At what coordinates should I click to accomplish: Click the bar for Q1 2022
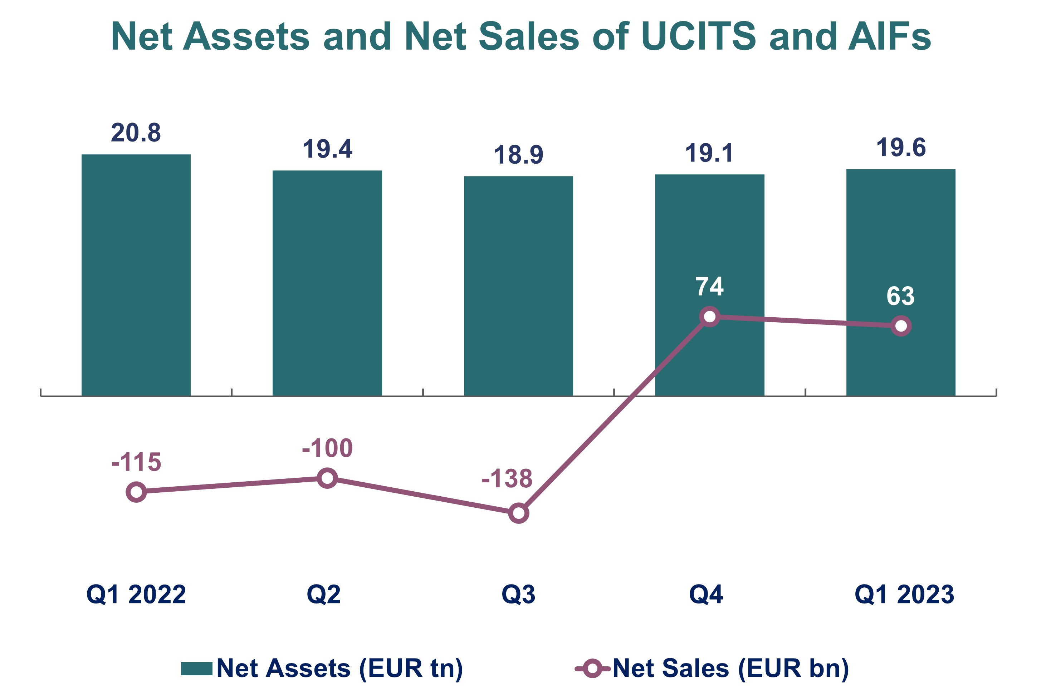(x=136, y=275)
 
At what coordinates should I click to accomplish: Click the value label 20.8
(x=136, y=133)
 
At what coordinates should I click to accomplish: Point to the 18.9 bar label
(x=518, y=155)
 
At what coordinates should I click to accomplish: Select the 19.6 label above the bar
(x=901, y=148)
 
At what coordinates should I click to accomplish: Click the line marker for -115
(x=136, y=492)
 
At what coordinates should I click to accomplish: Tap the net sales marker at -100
(x=327, y=478)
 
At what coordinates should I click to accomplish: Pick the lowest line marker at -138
(x=518, y=513)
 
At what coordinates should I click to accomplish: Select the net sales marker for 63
(x=901, y=326)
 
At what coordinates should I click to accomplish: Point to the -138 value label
(x=507, y=478)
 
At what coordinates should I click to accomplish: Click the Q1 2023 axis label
(x=904, y=595)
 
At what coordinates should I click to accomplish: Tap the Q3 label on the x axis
(x=518, y=595)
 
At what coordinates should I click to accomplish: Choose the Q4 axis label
(x=706, y=595)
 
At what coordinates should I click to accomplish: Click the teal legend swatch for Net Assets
(x=196, y=668)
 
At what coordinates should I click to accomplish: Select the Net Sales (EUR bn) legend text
(x=730, y=668)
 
